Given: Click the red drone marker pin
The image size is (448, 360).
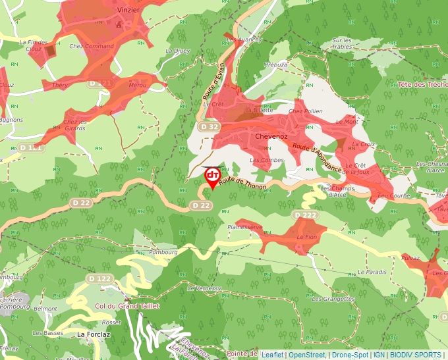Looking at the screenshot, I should pyautogui.click(x=212, y=177).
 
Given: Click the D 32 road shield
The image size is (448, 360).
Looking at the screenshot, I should pyautogui.click(x=208, y=126).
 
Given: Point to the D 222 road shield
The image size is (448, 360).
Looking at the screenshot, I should pyautogui.click(x=305, y=215).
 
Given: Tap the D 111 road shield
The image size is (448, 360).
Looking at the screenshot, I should pyautogui.click(x=31, y=148).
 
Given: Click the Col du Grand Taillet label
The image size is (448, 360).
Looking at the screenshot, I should pyautogui.click(x=128, y=306).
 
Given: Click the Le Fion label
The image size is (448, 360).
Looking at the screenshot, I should pyautogui.click(x=307, y=237).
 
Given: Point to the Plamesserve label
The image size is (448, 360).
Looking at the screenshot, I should pyautogui.click(x=244, y=227).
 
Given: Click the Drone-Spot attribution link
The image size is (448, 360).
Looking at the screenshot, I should pyautogui.click(x=350, y=355).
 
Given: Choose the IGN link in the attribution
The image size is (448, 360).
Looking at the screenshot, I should pyautogui.click(x=379, y=355).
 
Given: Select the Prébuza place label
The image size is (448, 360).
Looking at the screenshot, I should pyautogui.click(x=275, y=64).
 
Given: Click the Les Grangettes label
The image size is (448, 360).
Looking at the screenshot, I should pyautogui.click(x=333, y=299).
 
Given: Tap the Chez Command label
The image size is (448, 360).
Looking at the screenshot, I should pyautogui.click(x=92, y=46).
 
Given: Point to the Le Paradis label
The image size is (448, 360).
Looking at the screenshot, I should pyautogui.click(x=372, y=272).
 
